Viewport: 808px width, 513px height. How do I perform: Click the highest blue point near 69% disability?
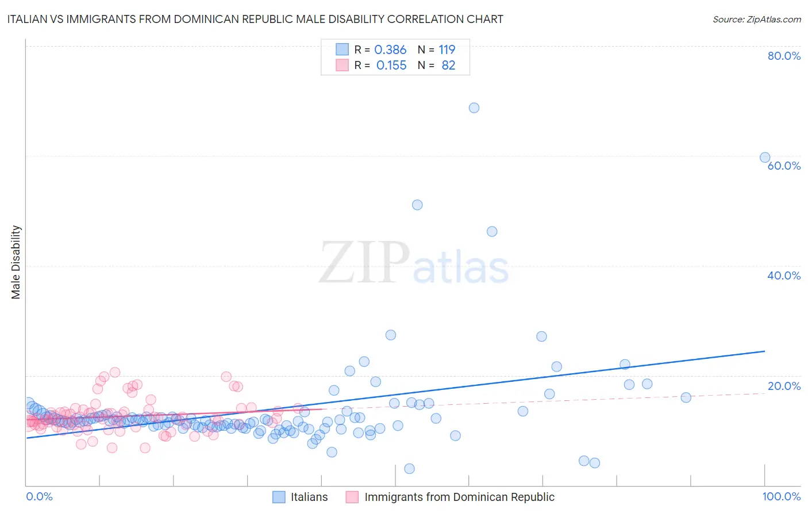[x=474, y=108]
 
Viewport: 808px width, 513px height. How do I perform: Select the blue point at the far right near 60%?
[x=765, y=158]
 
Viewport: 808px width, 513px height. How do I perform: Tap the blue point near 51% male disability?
[x=417, y=205]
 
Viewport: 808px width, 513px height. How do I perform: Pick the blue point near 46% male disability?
[x=492, y=231]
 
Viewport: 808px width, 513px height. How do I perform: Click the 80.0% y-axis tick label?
[x=784, y=56]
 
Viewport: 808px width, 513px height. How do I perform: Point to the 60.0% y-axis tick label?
[x=784, y=166]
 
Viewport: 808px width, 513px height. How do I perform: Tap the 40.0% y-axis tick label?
[x=784, y=275]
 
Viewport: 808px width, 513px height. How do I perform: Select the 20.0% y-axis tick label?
[x=784, y=386]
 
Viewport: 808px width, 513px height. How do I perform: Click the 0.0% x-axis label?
[x=39, y=497]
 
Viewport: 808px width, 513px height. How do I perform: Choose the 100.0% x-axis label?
[x=781, y=497]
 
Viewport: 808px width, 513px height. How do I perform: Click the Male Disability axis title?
[x=16, y=262]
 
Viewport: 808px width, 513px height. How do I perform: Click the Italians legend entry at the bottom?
[x=309, y=497]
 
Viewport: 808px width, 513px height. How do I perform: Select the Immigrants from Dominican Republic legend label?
[x=459, y=497]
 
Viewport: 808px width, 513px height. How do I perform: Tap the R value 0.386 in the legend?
[x=390, y=50]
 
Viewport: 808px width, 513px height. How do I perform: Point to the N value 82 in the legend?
[x=448, y=66]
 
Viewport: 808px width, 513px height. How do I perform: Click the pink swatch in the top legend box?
[x=342, y=66]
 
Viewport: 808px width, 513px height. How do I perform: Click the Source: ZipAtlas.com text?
[x=756, y=20]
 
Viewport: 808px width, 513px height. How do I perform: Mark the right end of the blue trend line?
[x=765, y=351]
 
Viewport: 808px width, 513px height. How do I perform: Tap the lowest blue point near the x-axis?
[x=409, y=469]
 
